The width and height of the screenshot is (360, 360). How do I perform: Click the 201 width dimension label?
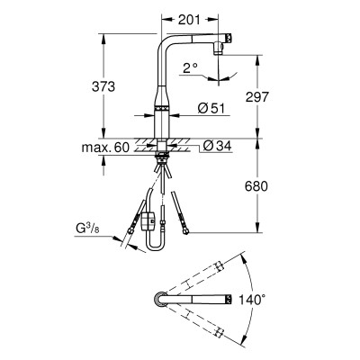tap(189, 20)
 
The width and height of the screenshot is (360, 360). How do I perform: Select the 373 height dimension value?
tap(103, 86)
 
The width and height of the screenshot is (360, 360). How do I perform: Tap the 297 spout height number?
tap(256, 97)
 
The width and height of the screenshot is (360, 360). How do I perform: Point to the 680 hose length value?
tap(256, 186)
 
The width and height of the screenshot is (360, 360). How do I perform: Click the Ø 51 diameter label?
tap(211, 108)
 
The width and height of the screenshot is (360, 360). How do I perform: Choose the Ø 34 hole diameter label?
tap(217, 146)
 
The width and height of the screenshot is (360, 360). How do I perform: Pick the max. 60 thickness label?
tap(105, 148)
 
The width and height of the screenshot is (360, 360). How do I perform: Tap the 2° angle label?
tap(190, 68)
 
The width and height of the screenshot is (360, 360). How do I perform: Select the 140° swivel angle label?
tap(252, 300)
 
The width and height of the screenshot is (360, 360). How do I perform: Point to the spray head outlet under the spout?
tap(219, 49)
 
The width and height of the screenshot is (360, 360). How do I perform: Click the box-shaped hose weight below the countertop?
tap(148, 221)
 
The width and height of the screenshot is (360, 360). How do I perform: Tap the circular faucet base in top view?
tap(160, 299)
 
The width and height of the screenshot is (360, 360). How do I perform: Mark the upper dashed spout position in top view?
tap(194, 278)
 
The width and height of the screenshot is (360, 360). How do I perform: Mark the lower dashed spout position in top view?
tap(194, 319)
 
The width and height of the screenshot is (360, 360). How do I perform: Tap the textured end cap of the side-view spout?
tap(229, 38)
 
